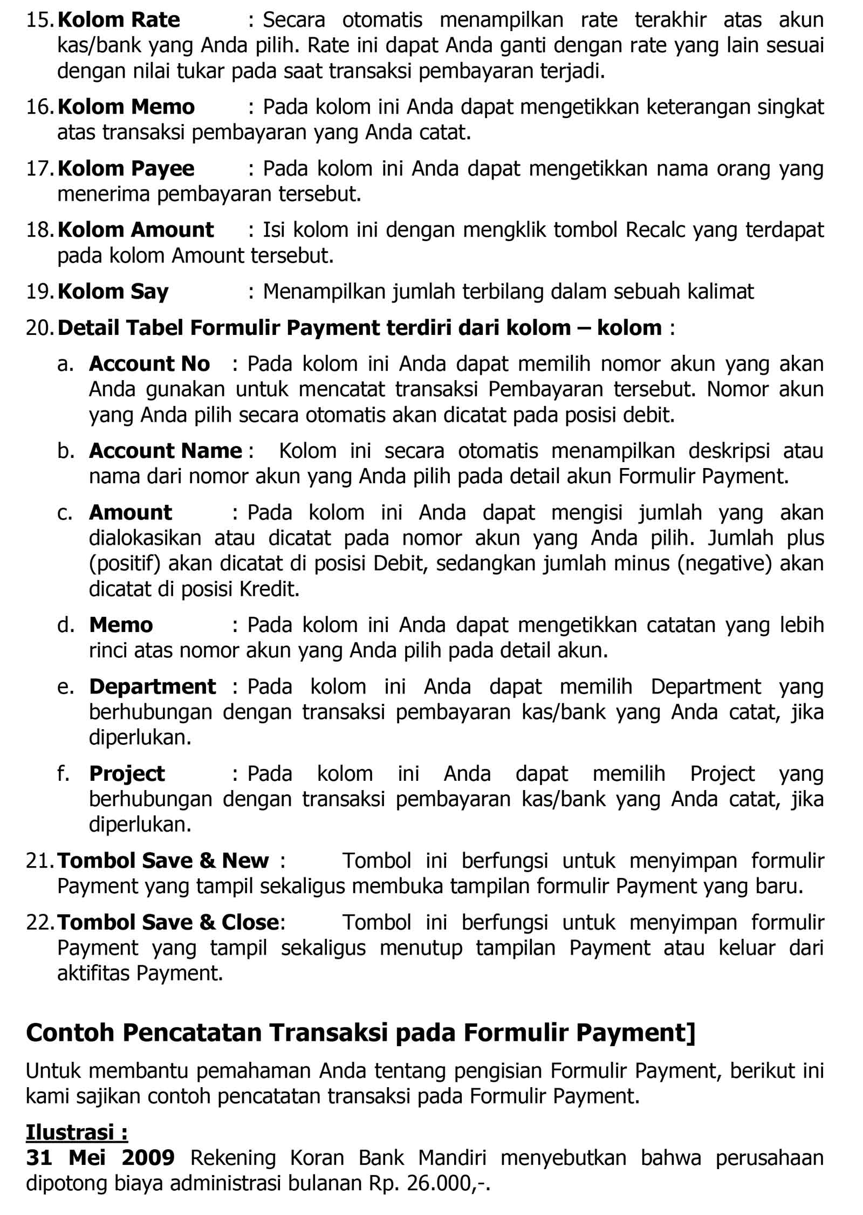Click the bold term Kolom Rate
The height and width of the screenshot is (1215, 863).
pyautogui.click(x=118, y=20)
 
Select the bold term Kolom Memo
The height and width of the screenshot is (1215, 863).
pyautogui.click(x=126, y=107)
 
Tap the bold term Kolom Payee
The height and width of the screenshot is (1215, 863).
pyautogui.click(x=126, y=169)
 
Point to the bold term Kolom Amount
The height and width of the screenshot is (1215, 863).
pyautogui.click(x=135, y=230)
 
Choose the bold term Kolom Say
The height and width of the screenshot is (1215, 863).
pyautogui.click(x=113, y=292)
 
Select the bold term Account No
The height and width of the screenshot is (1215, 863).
pyautogui.click(x=149, y=364)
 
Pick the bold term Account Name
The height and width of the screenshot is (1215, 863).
pyautogui.click(x=165, y=451)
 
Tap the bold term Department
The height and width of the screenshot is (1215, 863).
pyautogui.click(x=152, y=687)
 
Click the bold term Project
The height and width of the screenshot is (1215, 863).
pyautogui.click(x=127, y=774)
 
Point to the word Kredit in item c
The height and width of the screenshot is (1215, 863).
pyautogui.click(x=269, y=589)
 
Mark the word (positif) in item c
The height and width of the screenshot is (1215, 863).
pyautogui.click(x=125, y=564)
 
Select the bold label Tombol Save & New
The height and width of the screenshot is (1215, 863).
pyautogui.click(x=163, y=861)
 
